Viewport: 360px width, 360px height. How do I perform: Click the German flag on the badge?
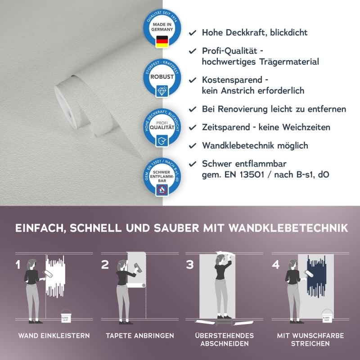tap(162, 41)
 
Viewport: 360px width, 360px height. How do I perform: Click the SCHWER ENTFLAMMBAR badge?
tap(162, 178)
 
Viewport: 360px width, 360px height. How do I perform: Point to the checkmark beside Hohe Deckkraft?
tap(193, 33)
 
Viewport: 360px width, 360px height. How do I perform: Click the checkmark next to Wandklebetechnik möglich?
tap(193, 145)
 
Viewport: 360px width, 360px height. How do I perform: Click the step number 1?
tap(18, 265)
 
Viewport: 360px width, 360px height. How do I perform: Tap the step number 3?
tap(190, 265)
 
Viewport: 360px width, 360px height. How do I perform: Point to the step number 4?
tap(276, 265)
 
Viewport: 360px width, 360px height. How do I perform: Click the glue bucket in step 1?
tap(65, 316)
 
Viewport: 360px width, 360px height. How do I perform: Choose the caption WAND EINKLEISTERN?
tap(54, 336)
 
